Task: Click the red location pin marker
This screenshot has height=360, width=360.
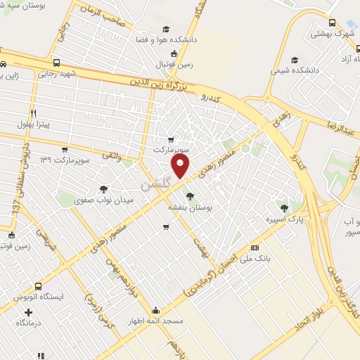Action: (181, 166)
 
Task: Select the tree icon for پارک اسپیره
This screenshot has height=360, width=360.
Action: (285, 208)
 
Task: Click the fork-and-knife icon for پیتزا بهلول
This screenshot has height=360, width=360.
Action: (33, 113)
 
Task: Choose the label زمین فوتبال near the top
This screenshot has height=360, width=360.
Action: (167, 63)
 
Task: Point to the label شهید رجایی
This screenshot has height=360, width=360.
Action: (56, 72)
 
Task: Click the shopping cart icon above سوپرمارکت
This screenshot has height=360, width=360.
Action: (171, 139)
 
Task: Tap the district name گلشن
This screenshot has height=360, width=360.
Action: (155, 186)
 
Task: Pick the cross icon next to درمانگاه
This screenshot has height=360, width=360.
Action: (28, 312)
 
